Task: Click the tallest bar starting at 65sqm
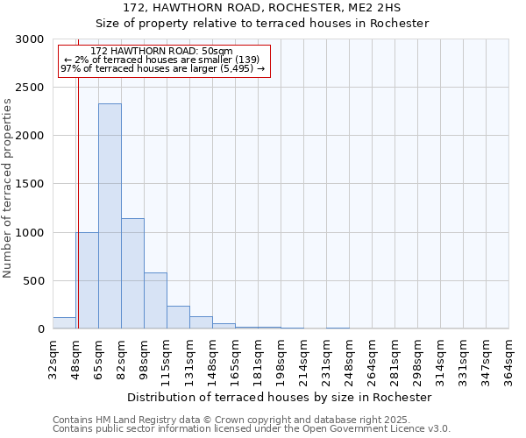pos(110,216)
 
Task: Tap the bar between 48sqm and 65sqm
pos(87,280)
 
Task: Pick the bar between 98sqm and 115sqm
pos(155,300)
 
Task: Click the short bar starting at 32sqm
pos(64,323)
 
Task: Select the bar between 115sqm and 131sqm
pos(178,317)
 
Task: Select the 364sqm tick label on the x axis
pos(509,359)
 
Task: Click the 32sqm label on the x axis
pos(53,359)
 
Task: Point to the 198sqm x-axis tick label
pos(281,359)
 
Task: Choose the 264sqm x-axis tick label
pos(373,359)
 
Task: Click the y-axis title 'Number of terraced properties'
pos(8,187)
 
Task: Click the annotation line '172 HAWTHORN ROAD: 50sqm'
pos(162,52)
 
